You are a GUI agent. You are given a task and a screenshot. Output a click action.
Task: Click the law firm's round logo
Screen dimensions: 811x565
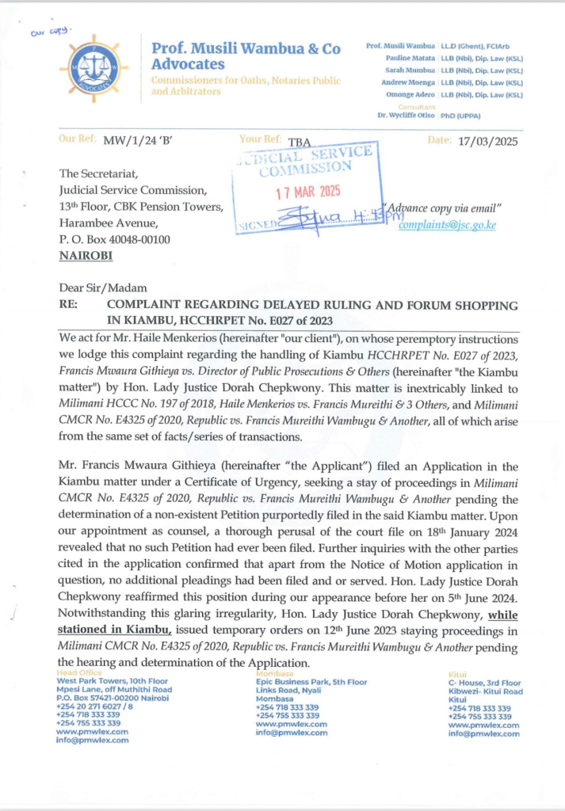94,68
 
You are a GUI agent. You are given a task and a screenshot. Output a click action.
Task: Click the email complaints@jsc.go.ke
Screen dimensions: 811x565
447,225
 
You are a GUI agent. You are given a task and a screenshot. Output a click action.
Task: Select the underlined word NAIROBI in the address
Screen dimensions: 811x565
86,256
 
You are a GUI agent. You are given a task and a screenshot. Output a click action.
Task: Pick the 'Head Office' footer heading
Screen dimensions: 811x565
79,672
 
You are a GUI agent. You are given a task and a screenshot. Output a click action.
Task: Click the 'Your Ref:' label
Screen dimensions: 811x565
260,140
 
